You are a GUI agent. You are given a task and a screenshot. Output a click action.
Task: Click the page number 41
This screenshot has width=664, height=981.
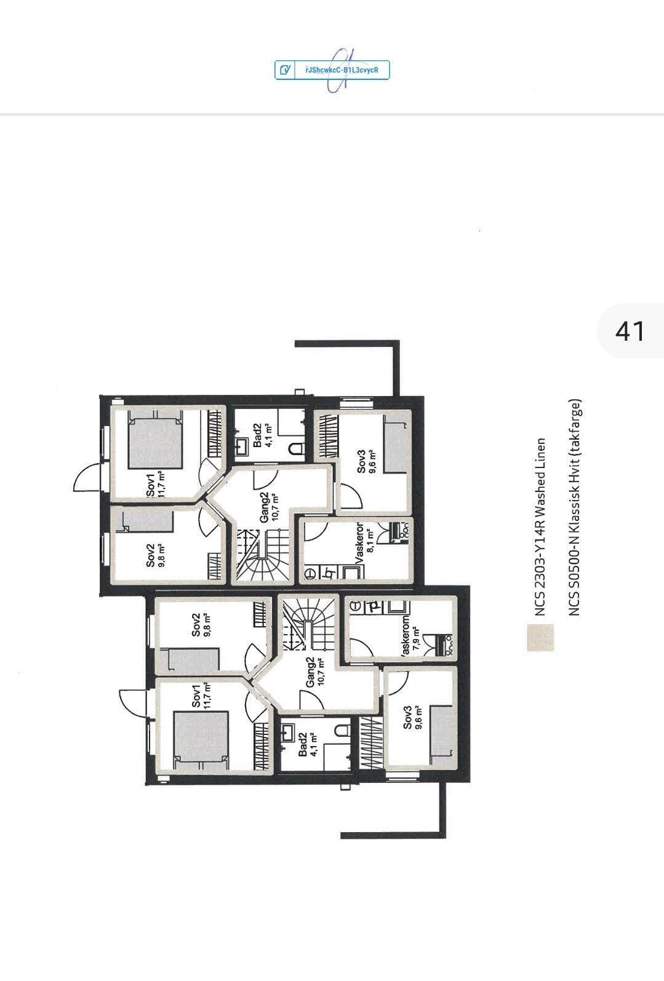point(630,331)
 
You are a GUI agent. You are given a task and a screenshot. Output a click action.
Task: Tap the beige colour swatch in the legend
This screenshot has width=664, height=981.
point(540,637)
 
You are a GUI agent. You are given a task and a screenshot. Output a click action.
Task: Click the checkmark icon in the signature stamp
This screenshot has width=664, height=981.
point(285,70)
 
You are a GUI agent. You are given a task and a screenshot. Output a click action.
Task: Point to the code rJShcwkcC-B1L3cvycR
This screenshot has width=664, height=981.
point(342,70)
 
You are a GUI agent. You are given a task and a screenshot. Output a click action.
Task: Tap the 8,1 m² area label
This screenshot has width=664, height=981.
point(370,543)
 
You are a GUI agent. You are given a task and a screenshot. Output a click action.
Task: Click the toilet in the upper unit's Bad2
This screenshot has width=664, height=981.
point(297,448)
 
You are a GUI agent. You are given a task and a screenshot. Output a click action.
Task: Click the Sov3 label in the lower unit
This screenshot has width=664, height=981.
point(407,717)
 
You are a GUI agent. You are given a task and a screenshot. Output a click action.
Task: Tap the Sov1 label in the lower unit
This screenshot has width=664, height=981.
point(196,695)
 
